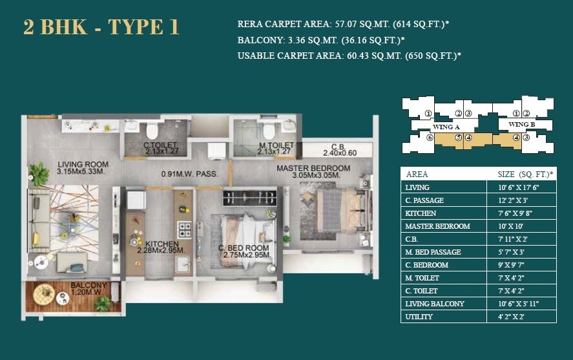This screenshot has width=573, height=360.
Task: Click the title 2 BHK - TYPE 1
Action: pos(101,27)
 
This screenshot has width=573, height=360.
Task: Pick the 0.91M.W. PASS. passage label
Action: pos(189,174)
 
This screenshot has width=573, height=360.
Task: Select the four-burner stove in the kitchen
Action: pos(184,229)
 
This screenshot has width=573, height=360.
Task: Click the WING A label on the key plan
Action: pos(446,127)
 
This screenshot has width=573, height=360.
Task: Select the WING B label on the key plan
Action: pos(522,124)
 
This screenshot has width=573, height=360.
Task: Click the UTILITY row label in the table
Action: pos(419,317)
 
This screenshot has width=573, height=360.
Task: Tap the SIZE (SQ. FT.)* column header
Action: pos(525,174)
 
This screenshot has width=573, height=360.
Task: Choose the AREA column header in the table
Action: pos(417,174)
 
